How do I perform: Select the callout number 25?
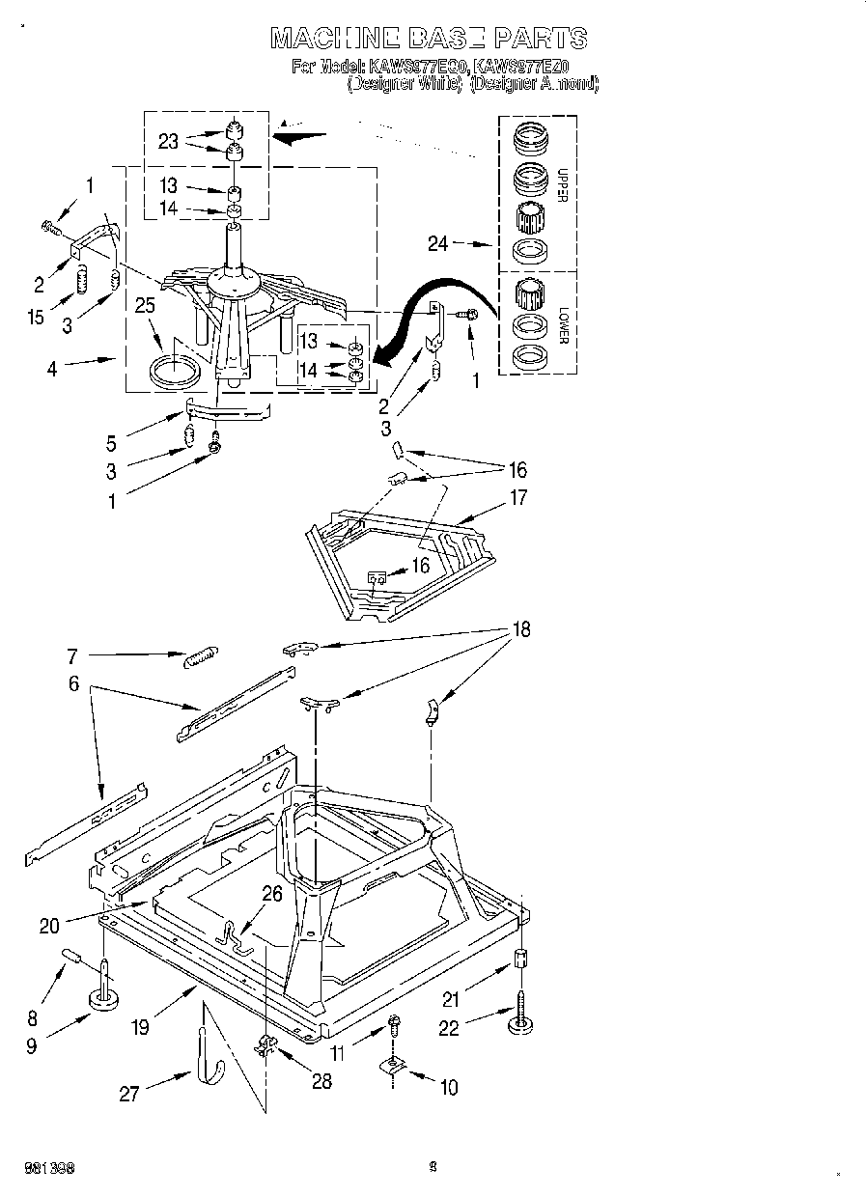click(x=146, y=308)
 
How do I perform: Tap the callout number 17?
click(x=518, y=499)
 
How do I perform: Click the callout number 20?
click(x=49, y=926)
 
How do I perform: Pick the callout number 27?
click(x=128, y=1094)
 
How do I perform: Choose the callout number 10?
click(x=448, y=1088)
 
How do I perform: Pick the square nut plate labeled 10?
click(x=393, y=1065)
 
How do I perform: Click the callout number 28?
click(x=321, y=1081)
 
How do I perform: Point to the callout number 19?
click(x=141, y=1026)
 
